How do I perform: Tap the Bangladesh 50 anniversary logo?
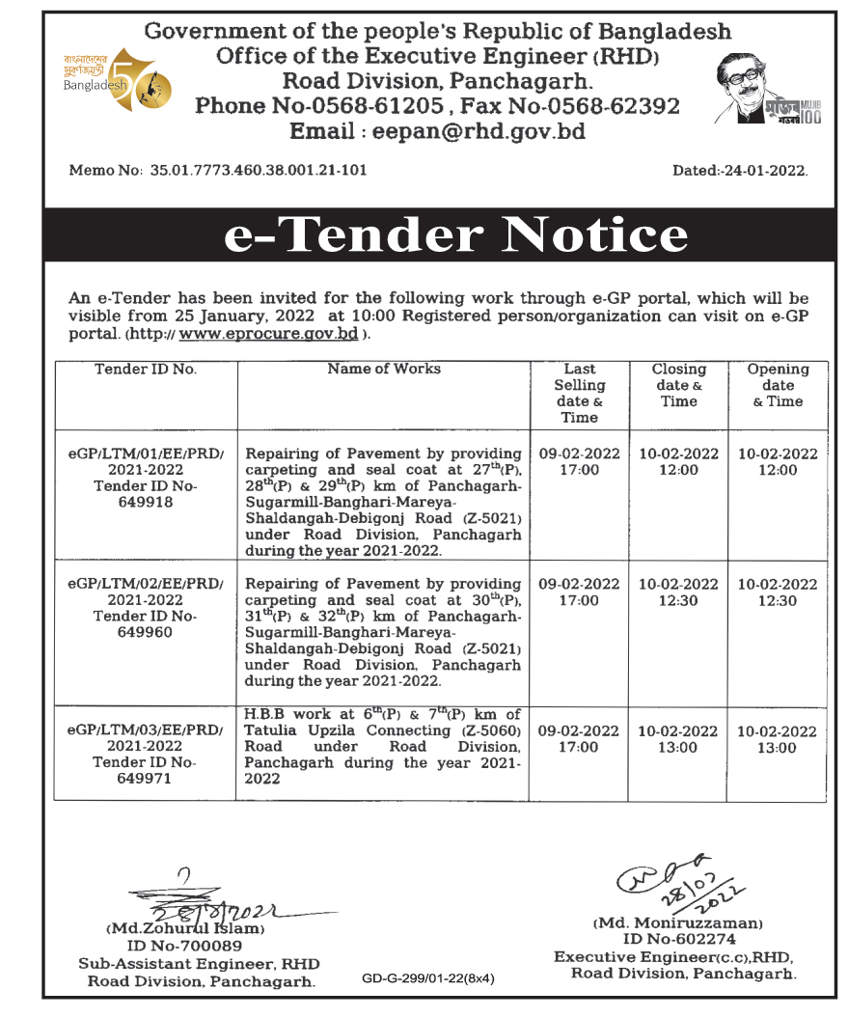pos(113,78)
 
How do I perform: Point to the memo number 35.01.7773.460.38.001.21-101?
pos(259,171)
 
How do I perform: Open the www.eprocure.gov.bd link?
pos(269,335)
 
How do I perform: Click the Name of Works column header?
pos(384,369)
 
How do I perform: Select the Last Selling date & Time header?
pos(579,393)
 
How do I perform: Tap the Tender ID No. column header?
pos(146,369)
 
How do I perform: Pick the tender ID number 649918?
pos(146,502)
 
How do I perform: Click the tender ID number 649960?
pos(146,632)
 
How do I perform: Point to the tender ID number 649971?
pos(146,779)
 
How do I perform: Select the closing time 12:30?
pos(678,600)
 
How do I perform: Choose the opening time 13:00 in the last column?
pos(778,748)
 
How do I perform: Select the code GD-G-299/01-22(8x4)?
pos(428,977)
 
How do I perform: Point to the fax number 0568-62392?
pos(611,106)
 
